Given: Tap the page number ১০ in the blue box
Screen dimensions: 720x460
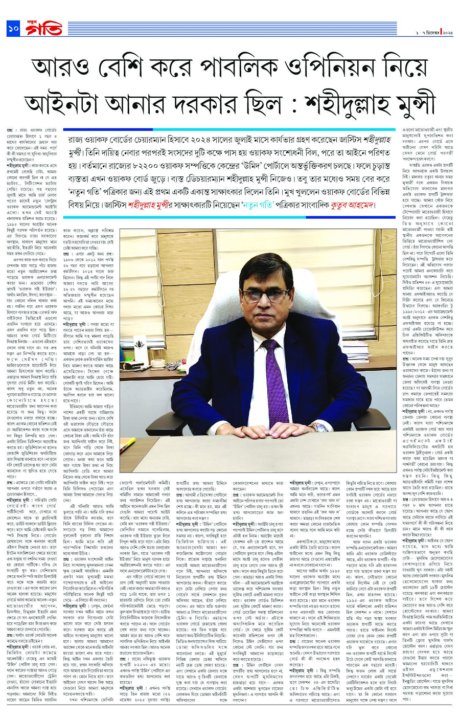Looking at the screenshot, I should click(13, 29).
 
